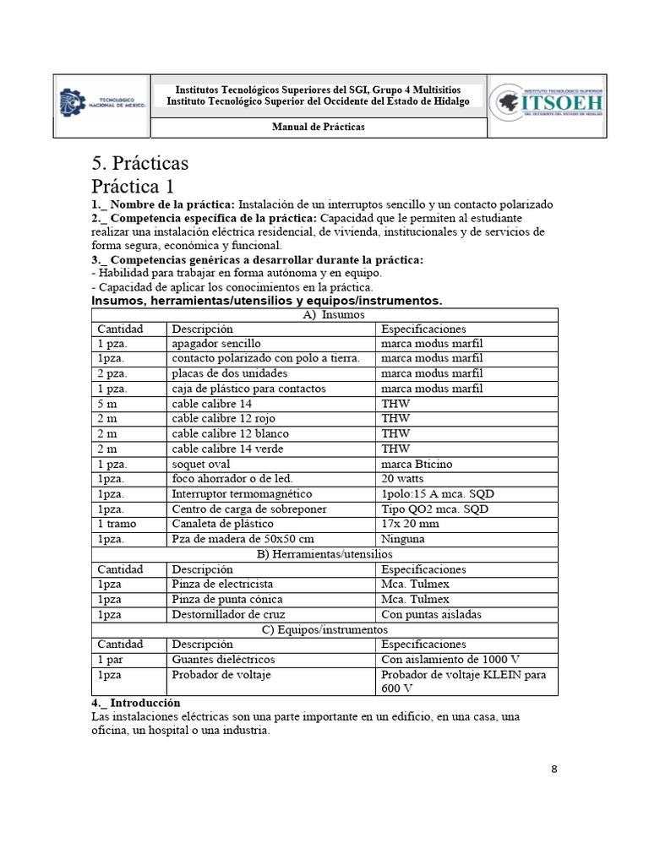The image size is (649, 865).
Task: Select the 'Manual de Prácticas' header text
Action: point(318,127)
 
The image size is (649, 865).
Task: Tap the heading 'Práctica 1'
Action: point(144,185)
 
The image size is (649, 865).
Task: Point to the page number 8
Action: point(554,769)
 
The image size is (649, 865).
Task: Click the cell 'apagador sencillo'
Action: point(216,344)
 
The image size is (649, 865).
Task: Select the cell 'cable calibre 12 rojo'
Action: point(223,419)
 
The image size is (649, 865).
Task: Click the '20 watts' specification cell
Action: point(406,479)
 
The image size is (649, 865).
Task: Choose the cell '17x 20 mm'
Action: point(412,524)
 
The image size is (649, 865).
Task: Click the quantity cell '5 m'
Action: point(111,404)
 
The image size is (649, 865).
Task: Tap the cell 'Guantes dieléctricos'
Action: point(223,659)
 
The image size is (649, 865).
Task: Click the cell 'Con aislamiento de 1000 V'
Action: point(450,659)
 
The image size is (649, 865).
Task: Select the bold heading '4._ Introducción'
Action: point(135,703)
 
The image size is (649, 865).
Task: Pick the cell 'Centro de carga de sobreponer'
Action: point(248,509)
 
